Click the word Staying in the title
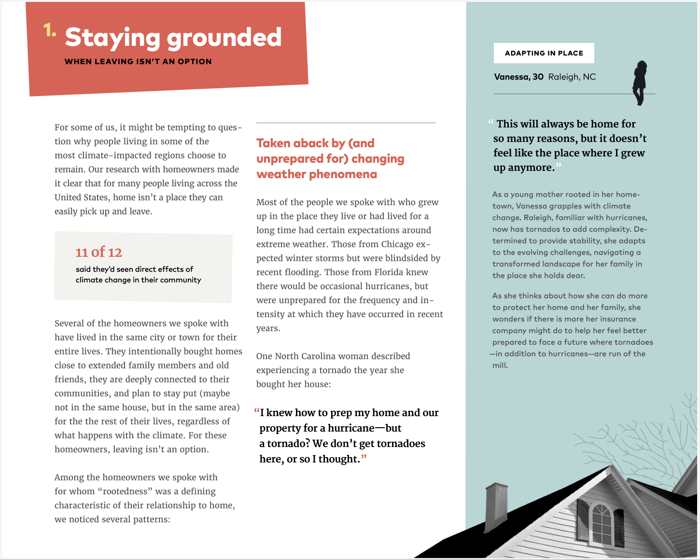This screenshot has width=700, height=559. pyautogui.click(x=112, y=38)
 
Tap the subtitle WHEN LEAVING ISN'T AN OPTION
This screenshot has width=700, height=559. pyautogui.click(x=138, y=61)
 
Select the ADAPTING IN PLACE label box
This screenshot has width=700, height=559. pyautogui.click(x=544, y=53)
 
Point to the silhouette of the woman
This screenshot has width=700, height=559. pyautogui.click(x=640, y=83)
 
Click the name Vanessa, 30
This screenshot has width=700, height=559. pyautogui.click(x=518, y=77)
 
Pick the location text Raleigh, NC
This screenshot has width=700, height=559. pyautogui.click(x=572, y=77)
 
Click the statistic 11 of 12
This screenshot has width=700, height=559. pyautogui.click(x=99, y=252)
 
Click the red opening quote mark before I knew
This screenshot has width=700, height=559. pyautogui.click(x=257, y=412)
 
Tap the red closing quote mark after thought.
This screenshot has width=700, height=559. pyautogui.click(x=364, y=458)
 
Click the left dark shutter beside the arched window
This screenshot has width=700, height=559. pyautogui.click(x=583, y=520)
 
